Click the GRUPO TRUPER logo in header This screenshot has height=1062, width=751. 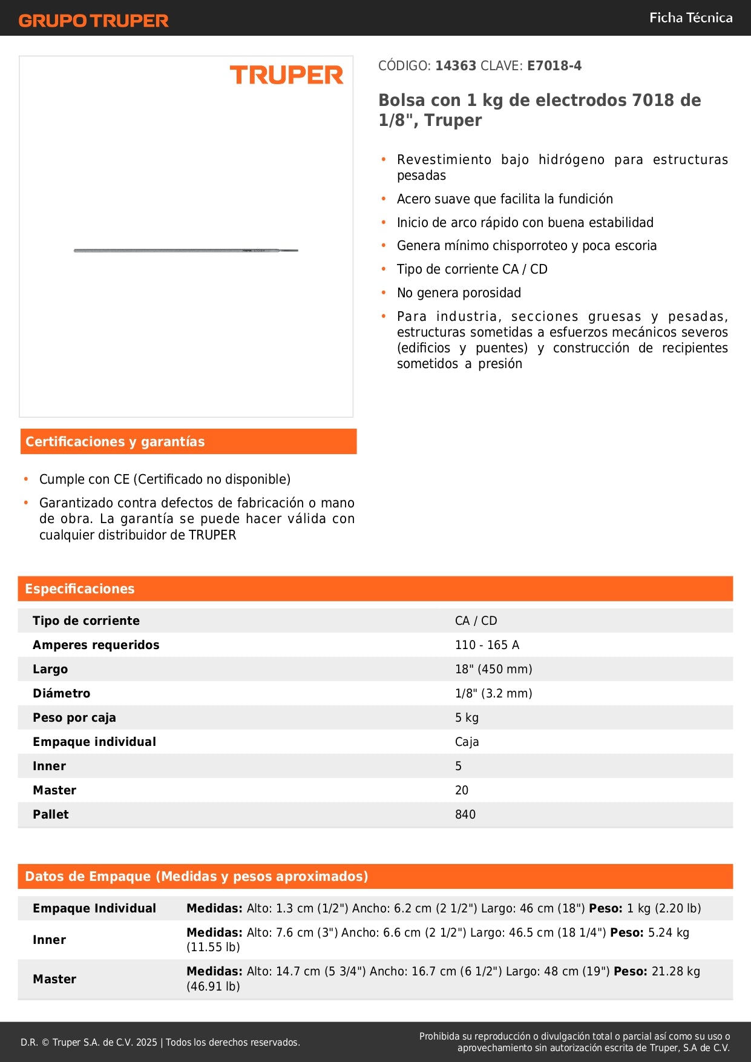93,21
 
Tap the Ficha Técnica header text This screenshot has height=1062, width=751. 690,18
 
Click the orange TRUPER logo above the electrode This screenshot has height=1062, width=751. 286,75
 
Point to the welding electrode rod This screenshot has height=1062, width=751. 186,250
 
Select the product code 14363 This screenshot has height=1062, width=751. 456,66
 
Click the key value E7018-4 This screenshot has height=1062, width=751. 554,66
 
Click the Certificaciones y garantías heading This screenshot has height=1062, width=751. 115,441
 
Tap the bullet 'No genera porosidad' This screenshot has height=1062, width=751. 459,293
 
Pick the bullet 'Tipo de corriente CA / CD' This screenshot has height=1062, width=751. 472,269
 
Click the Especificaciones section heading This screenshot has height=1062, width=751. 80,589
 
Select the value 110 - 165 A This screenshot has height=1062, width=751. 487,645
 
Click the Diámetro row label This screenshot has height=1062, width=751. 61,693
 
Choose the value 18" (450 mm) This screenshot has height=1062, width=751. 493,669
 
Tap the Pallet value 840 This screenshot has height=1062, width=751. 465,814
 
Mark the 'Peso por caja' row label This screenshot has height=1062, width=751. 74,717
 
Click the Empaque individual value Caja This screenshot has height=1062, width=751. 467,742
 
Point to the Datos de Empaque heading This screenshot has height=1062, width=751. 196,876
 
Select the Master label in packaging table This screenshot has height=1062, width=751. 54,979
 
